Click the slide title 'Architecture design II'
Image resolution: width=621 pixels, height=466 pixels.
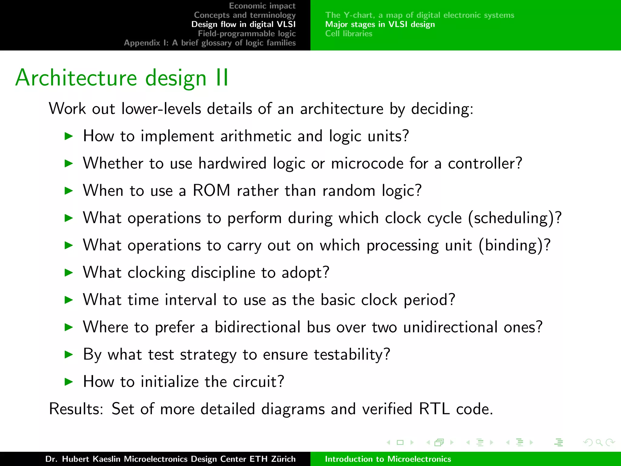point(122,78)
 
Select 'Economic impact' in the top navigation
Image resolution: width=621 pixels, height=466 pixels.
point(262,6)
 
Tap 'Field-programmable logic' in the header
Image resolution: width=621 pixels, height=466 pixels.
point(247,33)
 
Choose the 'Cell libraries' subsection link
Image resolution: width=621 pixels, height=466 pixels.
point(349,33)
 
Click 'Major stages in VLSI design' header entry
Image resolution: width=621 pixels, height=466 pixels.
point(380,24)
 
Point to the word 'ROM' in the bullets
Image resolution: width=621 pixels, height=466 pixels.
point(211,191)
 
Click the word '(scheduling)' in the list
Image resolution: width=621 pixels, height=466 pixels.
point(512,218)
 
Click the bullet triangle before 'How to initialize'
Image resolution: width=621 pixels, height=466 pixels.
point(69,382)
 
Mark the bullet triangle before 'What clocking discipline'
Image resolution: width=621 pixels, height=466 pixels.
point(69,272)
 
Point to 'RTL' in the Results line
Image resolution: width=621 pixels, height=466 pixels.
point(434,409)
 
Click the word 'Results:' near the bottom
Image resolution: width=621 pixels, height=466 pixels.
point(76,409)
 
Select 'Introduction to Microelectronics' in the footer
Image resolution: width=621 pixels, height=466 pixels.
point(388,459)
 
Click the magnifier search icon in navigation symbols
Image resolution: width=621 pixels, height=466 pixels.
point(599,443)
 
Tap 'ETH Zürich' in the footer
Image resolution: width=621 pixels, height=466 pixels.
point(272,459)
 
